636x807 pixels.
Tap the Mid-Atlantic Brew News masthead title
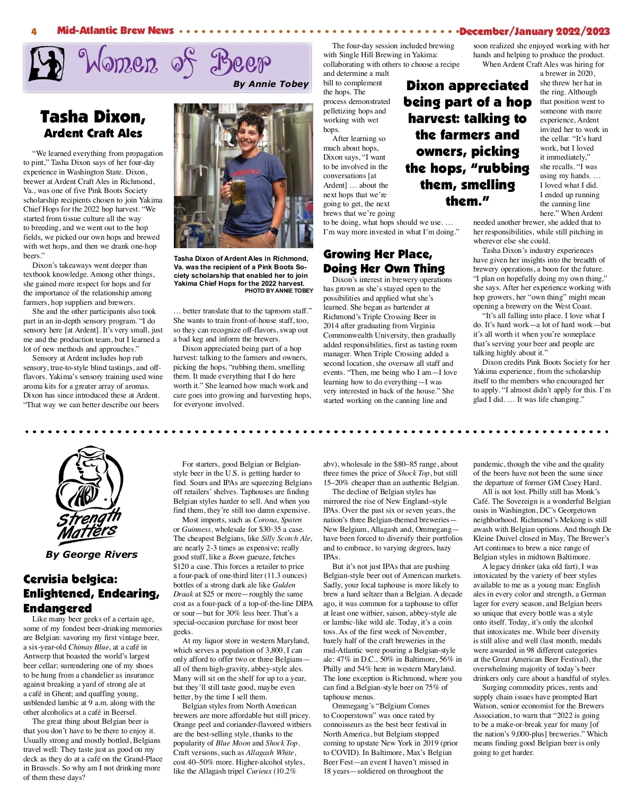click(115, 30)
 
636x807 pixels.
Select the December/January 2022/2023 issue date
click(534, 31)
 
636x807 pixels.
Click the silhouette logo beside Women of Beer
click(46, 64)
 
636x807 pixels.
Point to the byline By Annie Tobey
click(270, 84)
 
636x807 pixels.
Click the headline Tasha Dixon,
click(93, 117)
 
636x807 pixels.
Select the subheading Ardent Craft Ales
click(93, 133)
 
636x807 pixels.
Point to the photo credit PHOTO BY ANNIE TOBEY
click(279, 291)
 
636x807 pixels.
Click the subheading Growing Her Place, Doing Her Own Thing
click(384, 261)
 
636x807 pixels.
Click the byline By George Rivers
click(91, 555)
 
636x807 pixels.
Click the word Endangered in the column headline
click(57, 608)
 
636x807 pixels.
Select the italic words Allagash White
click(270, 752)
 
